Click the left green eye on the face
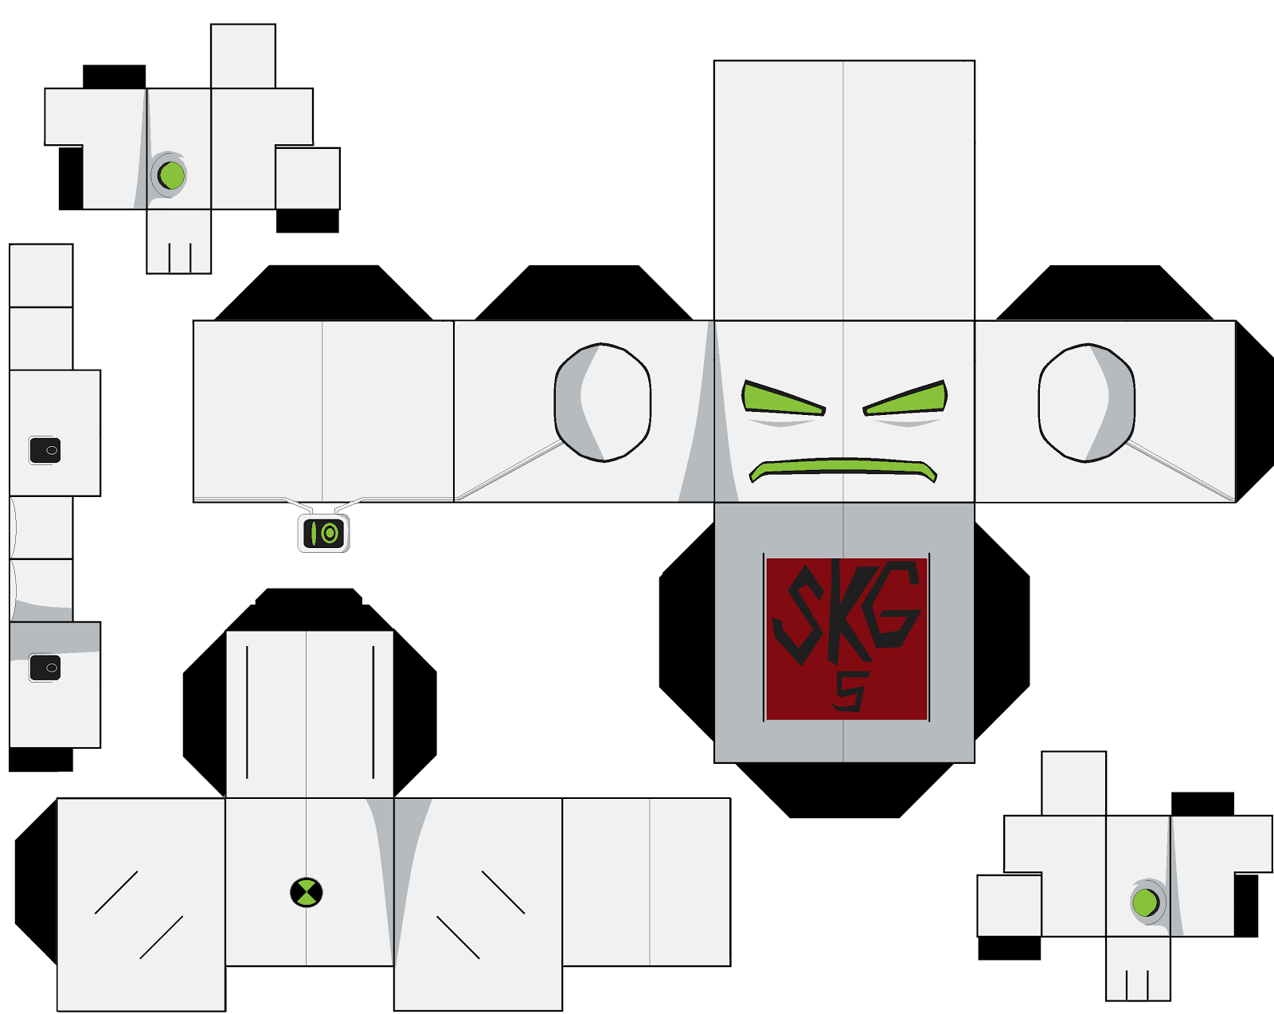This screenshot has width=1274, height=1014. [x=780, y=399]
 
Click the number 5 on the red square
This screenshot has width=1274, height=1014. [x=850, y=691]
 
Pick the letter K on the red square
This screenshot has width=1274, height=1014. [x=848, y=610]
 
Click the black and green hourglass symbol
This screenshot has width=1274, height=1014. [x=306, y=892]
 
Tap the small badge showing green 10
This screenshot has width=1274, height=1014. [x=323, y=533]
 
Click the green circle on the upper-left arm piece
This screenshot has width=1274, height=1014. [x=172, y=175]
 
